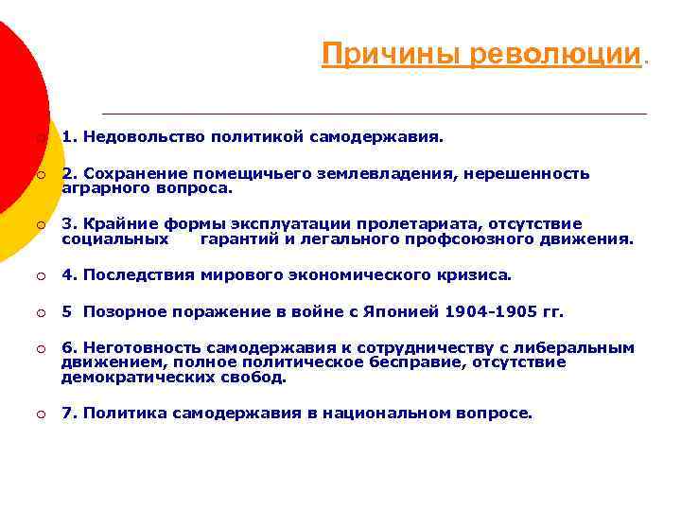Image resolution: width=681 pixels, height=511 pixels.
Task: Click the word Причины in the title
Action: click(x=368, y=54)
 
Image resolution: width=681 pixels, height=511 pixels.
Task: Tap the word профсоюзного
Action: click(x=493, y=238)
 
